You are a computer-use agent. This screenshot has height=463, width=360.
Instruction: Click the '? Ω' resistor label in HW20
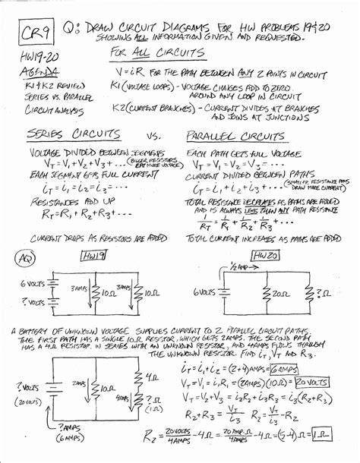(x=322, y=293)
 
